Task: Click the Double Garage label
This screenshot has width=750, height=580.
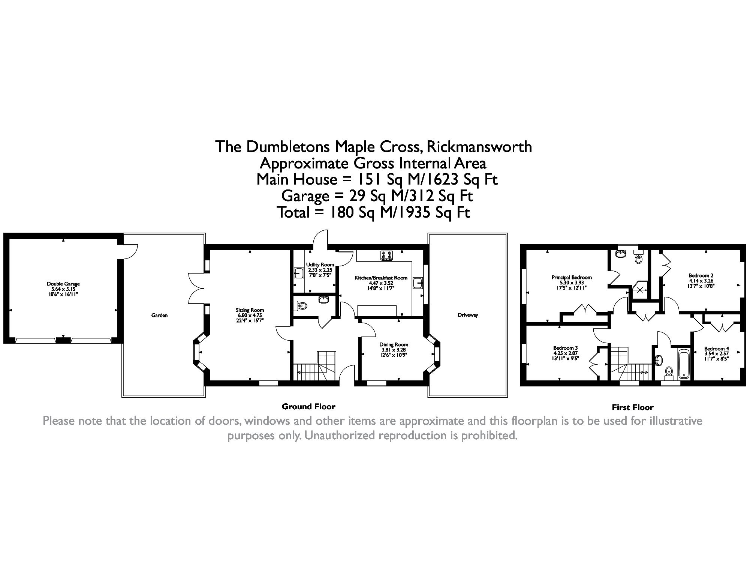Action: click(x=63, y=284)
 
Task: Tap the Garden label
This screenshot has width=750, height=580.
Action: click(x=159, y=316)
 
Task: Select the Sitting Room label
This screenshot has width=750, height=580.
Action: click(x=250, y=310)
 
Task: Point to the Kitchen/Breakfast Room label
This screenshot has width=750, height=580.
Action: click(x=381, y=278)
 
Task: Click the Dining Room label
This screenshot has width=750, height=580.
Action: click(x=394, y=344)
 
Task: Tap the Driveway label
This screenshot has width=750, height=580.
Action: click(x=468, y=315)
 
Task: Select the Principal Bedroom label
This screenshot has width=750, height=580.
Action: click(x=571, y=278)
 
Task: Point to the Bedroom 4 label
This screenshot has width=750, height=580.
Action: click(x=716, y=349)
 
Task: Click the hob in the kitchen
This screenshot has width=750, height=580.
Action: click(x=386, y=255)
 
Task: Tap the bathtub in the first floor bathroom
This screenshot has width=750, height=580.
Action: click(x=684, y=364)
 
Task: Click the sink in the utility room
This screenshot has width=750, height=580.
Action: click(x=299, y=273)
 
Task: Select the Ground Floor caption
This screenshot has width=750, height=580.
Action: click(x=308, y=407)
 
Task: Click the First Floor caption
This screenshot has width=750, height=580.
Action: click(x=632, y=407)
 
